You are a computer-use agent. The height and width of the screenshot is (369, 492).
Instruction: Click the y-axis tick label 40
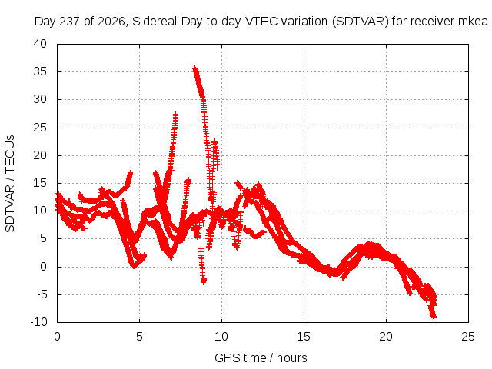tap(40, 44)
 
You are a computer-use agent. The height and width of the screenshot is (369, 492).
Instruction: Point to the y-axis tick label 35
tap(40, 71)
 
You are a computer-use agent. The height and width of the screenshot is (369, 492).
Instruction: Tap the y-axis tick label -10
tap(38, 322)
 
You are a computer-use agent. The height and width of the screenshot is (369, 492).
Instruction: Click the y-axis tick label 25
tap(40, 128)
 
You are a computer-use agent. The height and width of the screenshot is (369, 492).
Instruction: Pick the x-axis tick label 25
tap(468, 337)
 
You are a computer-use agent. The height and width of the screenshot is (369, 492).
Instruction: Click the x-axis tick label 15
tap(304, 337)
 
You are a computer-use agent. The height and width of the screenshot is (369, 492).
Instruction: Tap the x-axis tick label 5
tap(139, 337)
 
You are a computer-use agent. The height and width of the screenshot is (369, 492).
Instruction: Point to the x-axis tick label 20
tap(386, 337)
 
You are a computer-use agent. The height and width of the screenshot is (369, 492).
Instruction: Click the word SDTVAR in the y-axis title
tap(10, 209)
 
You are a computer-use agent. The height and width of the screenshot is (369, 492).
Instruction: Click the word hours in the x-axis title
tap(292, 358)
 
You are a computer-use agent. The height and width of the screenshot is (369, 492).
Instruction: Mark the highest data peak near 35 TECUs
tap(194, 68)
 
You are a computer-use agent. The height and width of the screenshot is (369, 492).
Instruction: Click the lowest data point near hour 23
tap(434, 317)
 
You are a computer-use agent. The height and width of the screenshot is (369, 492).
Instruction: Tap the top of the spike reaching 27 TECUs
tap(176, 114)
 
